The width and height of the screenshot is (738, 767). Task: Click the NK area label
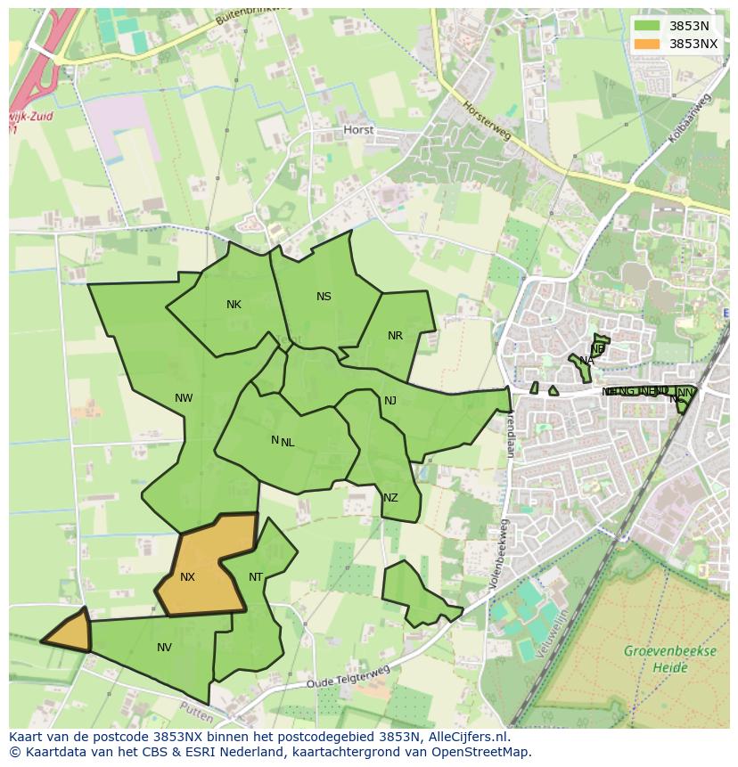tap(234, 305)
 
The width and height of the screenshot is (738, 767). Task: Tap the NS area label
tap(324, 297)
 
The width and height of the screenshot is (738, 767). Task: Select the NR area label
tap(395, 336)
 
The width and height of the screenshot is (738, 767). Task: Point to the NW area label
tap(184, 398)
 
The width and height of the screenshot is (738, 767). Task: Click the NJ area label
tap(390, 401)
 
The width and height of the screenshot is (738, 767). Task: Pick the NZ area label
tap(390, 498)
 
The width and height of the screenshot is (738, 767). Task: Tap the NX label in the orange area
tap(187, 577)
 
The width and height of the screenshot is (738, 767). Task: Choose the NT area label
tap(256, 577)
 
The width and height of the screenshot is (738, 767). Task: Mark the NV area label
tap(164, 648)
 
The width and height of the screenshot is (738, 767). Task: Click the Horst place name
tap(358, 130)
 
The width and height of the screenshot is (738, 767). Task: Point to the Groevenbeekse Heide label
tap(669, 658)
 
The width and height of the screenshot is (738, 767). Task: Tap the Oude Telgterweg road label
tap(348, 677)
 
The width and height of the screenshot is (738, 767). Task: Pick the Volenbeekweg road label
tap(496, 556)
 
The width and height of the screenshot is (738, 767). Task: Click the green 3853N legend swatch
tap(647, 26)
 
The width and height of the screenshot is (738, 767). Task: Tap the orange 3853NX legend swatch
tap(647, 44)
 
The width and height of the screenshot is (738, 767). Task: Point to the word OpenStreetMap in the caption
tap(480, 752)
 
